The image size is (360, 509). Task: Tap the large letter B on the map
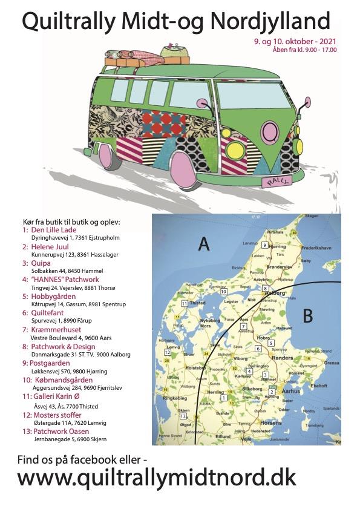(x=307, y=315)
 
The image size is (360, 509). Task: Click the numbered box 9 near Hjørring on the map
(x=265, y=245)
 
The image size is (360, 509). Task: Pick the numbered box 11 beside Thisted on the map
(x=183, y=303)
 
